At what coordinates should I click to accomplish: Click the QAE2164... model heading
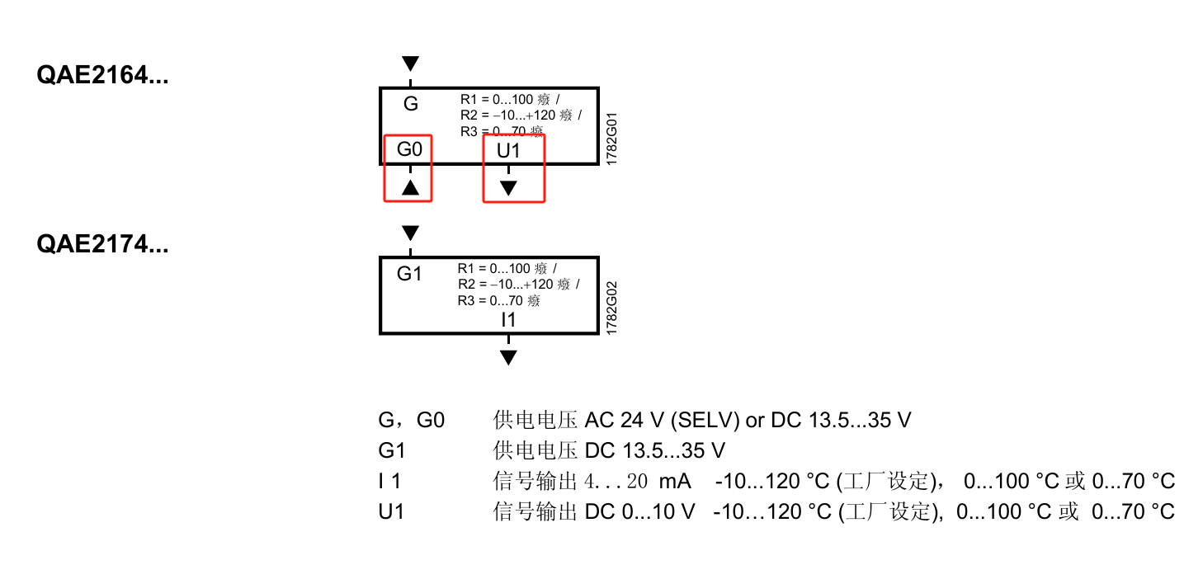pos(102,76)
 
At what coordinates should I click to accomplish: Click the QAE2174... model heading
pos(102,244)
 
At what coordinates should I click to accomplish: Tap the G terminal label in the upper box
pos(410,104)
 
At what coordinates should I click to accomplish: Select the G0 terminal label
pos(409,150)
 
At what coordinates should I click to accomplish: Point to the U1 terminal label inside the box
pos(508,151)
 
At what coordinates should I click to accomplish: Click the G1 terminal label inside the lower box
pos(409,274)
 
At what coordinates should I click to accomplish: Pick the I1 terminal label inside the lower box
pos(508,319)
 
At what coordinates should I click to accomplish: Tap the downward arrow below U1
pos(508,188)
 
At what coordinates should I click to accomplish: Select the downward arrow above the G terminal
pos(410,64)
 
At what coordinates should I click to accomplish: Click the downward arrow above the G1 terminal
pos(410,233)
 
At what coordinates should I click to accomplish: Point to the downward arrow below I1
pos(508,357)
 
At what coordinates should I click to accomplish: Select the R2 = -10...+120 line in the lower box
pos(518,285)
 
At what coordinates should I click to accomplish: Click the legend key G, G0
pos(411,420)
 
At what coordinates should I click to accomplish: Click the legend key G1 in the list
pos(392,450)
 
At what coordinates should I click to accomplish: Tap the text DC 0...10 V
pos(640,511)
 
